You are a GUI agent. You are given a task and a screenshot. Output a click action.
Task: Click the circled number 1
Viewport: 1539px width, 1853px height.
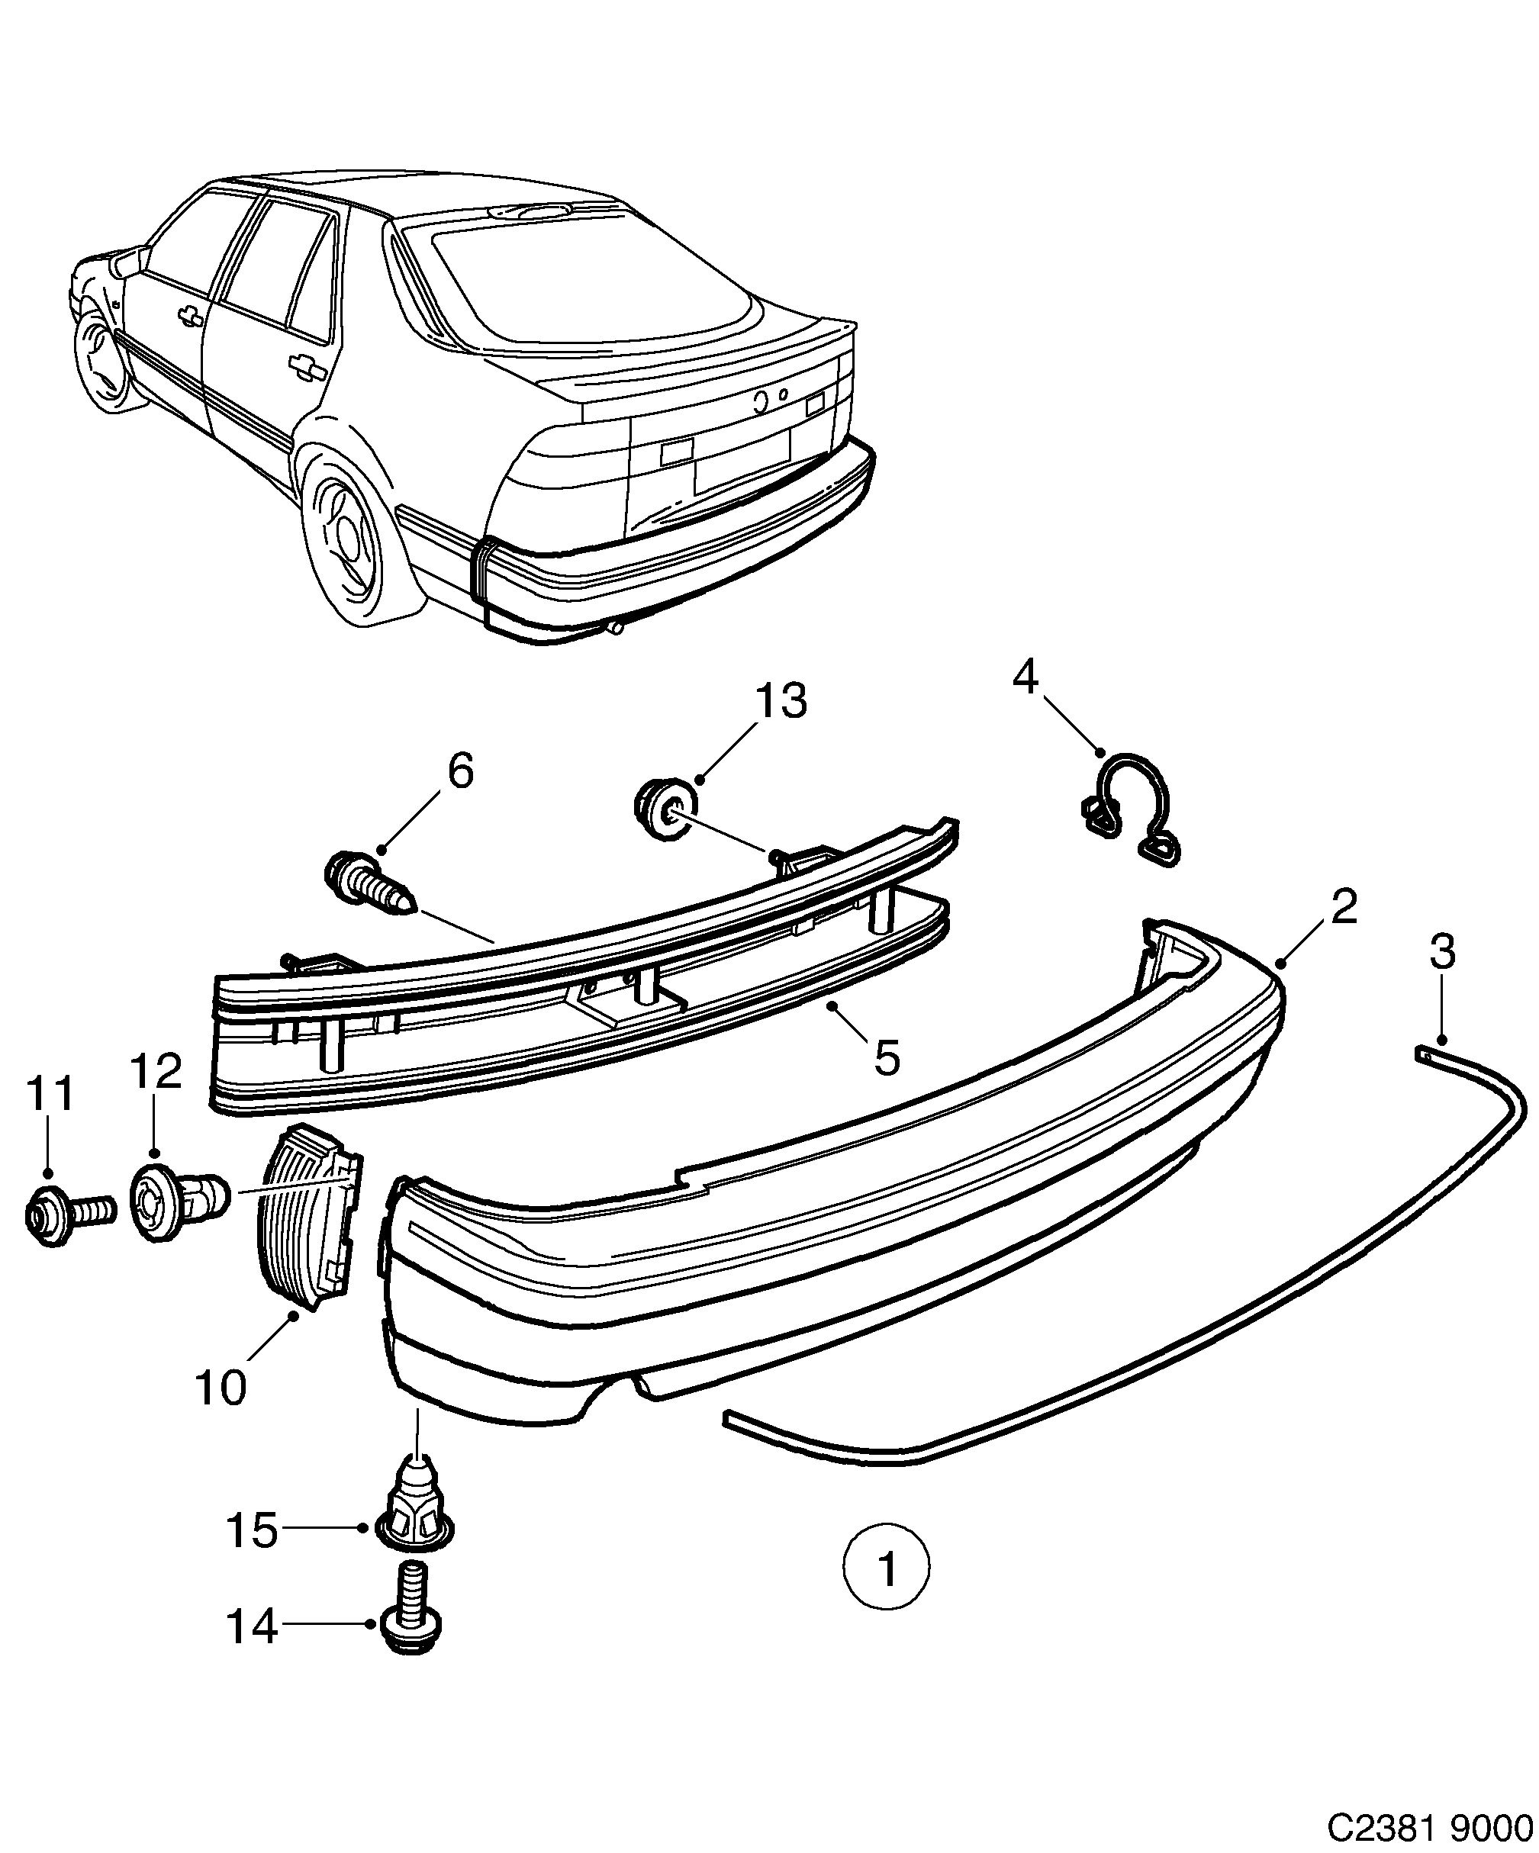(x=886, y=1568)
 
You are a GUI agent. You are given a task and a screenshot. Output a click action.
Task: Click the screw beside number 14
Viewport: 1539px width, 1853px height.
(x=411, y=1621)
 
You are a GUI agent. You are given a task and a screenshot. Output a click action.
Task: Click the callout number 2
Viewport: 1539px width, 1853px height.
(x=1343, y=906)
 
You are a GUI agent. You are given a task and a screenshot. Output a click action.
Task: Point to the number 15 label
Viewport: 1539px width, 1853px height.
(x=253, y=1530)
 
